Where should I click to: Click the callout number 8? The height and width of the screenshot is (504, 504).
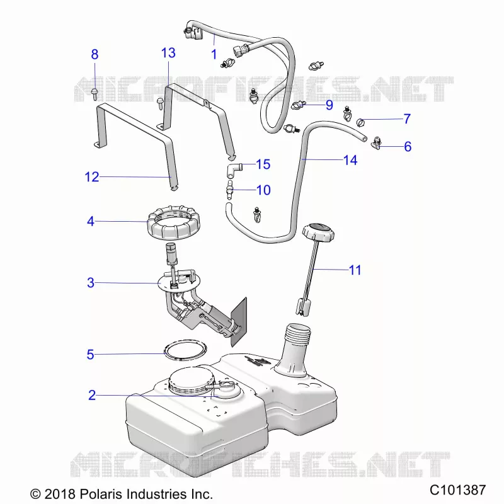(x=94, y=54)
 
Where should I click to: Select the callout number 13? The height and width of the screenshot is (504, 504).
(x=168, y=53)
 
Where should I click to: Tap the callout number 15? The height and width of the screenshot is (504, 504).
(x=263, y=164)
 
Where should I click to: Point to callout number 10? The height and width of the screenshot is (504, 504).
(x=263, y=190)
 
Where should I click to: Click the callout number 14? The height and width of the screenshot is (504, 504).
(x=350, y=160)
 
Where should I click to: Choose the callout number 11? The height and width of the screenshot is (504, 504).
(x=355, y=270)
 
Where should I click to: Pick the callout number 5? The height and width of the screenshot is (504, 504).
(x=90, y=355)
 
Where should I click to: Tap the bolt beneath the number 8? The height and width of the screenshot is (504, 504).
(x=94, y=93)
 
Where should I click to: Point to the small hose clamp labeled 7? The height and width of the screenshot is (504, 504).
(x=360, y=122)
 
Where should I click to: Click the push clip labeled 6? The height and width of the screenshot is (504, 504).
(x=376, y=144)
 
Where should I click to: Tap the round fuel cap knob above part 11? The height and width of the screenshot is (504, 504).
(x=318, y=231)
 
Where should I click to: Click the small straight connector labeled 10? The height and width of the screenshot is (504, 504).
(x=229, y=190)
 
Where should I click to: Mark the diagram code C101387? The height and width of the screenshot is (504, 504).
(x=458, y=490)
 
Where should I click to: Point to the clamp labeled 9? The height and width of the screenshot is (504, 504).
(x=297, y=105)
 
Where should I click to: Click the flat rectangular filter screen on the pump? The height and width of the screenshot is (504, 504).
(x=239, y=322)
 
